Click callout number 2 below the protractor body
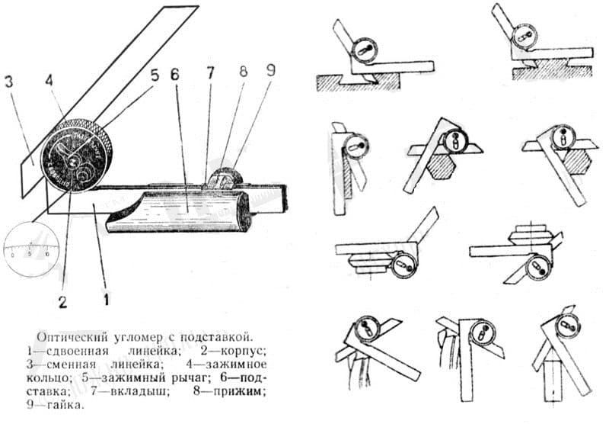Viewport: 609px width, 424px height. pyautogui.click(x=62, y=301)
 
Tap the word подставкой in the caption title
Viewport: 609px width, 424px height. pyautogui.click(x=213, y=337)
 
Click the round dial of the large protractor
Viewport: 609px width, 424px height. pyautogui.click(x=76, y=156)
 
